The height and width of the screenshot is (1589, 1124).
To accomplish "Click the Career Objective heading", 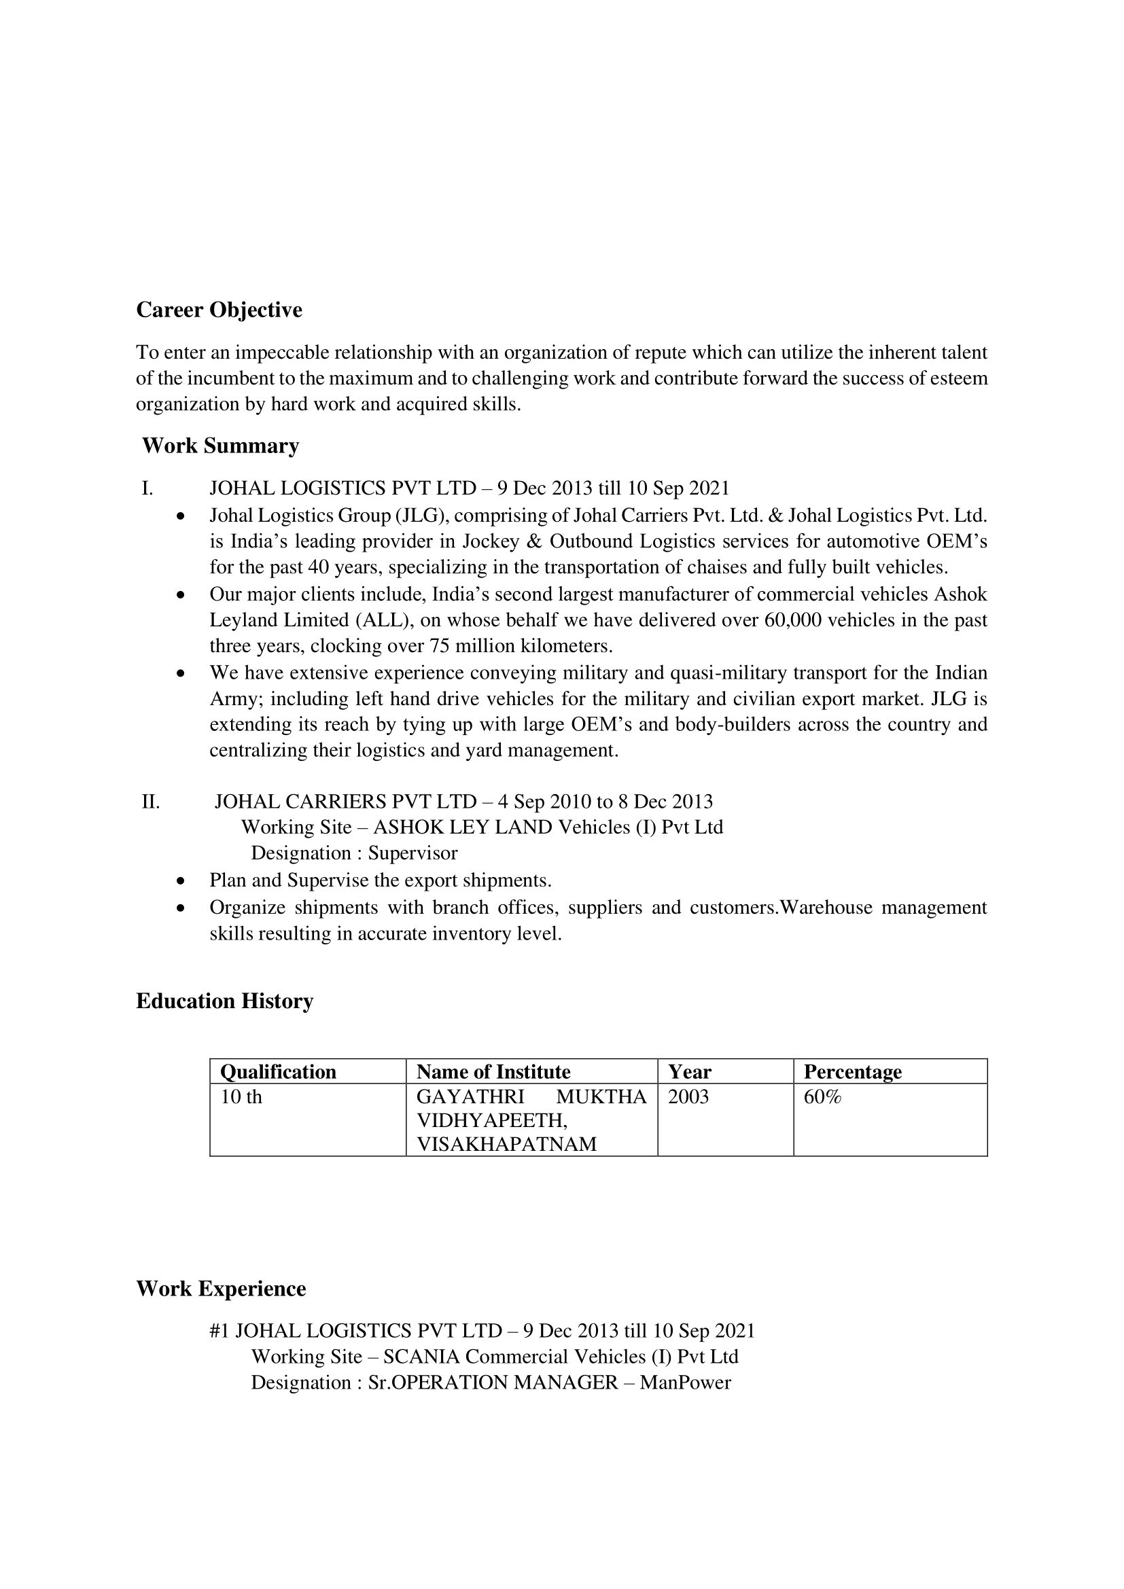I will [219, 310].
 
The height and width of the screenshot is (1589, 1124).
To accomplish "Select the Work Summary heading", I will [220, 446].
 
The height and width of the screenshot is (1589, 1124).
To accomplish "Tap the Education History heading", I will [224, 1001].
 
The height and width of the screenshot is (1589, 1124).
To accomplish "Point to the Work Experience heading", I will [221, 1289].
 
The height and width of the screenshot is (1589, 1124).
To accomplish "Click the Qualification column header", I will [278, 1072].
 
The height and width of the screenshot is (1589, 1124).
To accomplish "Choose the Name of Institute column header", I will [493, 1072].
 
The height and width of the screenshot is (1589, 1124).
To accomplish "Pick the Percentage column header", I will [852, 1072].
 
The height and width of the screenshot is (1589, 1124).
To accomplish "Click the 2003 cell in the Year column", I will [688, 1097].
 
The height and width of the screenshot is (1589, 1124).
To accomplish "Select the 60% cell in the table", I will [822, 1097].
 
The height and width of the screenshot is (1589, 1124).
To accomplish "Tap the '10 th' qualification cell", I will [241, 1097].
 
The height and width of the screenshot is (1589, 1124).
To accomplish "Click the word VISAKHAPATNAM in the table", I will [506, 1144].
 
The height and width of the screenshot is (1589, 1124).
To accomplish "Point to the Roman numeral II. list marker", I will [150, 802].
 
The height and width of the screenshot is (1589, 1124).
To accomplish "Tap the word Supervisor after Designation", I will [412, 853].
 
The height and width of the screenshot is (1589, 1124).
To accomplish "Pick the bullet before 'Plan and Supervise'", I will [181, 882].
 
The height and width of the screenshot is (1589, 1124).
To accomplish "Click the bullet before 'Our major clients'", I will [181, 595].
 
